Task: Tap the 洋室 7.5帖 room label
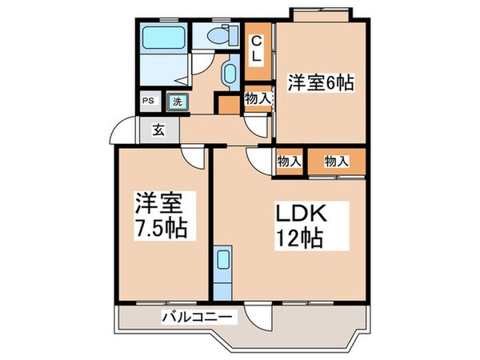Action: [x=160, y=215]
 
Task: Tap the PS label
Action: [x=148, y=102]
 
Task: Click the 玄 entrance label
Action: [x=159, y=130]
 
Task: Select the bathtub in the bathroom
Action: [x=162, y=38]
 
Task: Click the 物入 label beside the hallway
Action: [x=257, y=99]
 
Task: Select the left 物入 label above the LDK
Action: [x=289, y=162]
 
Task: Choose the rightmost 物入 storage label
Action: [x=337, y=162]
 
